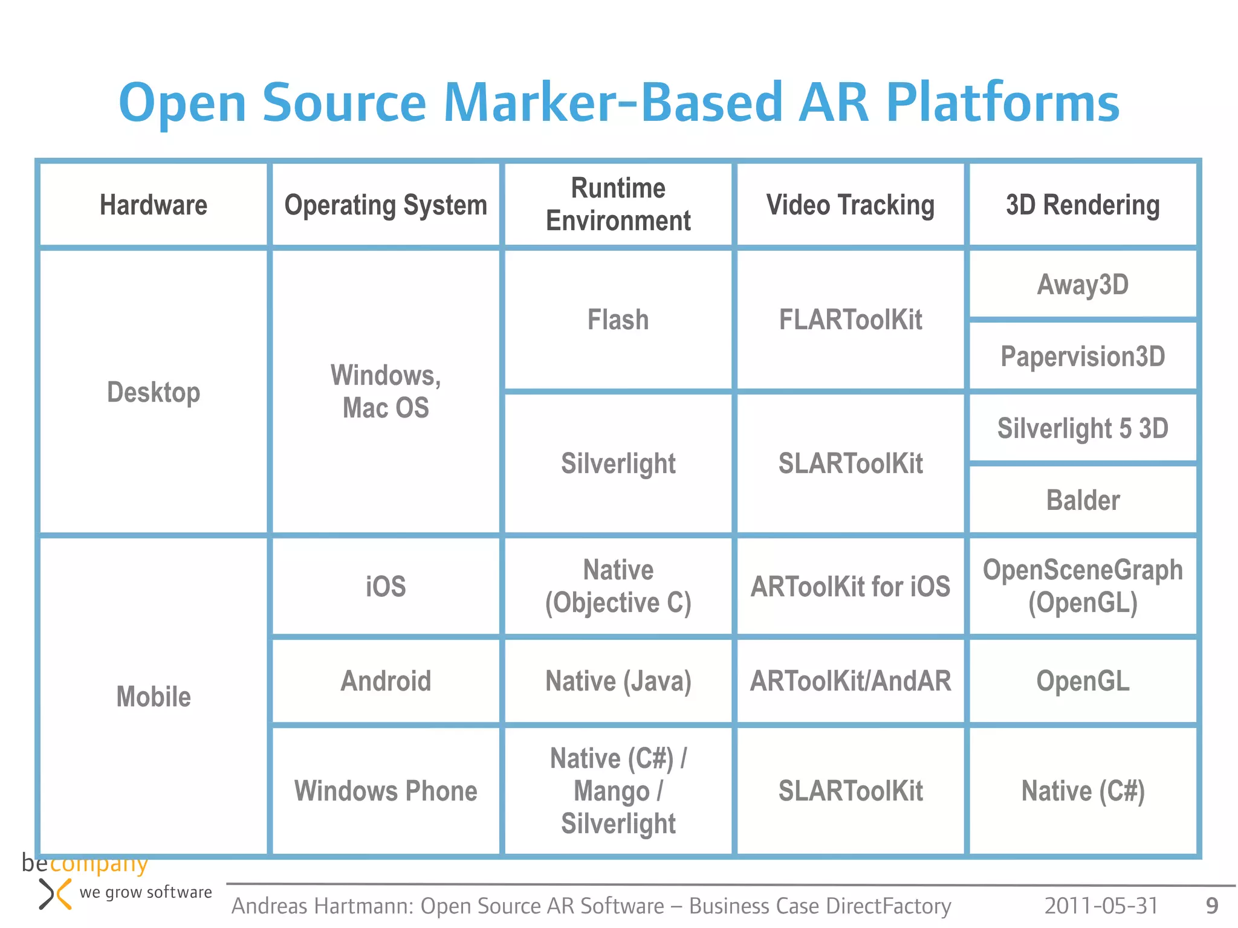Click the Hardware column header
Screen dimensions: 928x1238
154,205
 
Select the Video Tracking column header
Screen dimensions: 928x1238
850,205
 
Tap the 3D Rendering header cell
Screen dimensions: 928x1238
1083,205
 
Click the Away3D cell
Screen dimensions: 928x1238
1083,285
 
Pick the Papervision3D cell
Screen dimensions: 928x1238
1083,356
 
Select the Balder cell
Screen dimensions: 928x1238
1083,500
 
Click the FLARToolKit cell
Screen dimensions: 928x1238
850,320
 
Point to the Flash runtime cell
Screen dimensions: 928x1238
618,320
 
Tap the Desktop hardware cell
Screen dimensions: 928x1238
154,392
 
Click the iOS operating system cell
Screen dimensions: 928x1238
386,587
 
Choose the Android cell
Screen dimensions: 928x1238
386,681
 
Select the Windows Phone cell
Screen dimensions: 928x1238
386,791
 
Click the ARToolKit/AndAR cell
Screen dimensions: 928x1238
850,681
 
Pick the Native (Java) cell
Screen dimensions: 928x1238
618,681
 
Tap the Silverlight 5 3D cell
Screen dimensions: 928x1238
1083,428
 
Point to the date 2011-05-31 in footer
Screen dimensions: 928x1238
1101,906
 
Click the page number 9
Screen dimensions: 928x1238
1211,906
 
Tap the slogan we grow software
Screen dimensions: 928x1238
146,892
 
